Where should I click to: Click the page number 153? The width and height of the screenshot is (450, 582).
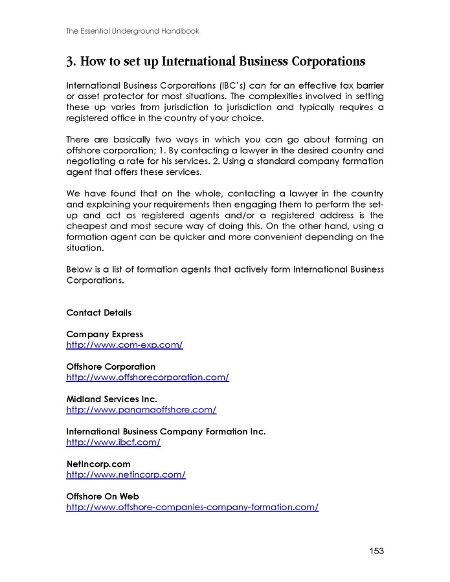click(x=376, y=551)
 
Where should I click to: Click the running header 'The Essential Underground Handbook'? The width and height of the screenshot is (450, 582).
click(x=132, y=30)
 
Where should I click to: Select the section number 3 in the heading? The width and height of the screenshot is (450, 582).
click(x=70, y=62)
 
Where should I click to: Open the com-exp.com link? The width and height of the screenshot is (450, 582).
click(x=124, y=345)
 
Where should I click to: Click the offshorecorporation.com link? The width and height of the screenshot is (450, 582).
click(x=148, y=377)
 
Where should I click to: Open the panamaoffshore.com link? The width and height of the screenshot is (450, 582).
click(x=141, y=410)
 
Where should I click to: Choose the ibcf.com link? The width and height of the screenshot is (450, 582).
click(x=113, y=442)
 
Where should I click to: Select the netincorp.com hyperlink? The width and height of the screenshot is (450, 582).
click(x=126, y=475)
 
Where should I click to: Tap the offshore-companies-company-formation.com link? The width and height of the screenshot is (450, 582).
click(x=192, y=507)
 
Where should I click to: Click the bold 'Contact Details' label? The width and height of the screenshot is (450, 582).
click(x=99, y=313)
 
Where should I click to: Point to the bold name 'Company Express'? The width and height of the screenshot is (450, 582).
click(x=105, y=334)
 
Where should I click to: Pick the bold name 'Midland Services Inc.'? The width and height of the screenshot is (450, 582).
click(x=111, y=399)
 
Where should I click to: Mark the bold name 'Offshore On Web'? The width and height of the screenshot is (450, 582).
click(x=103, y=496)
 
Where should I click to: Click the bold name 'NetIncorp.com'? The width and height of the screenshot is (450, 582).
click(x=98, y=464)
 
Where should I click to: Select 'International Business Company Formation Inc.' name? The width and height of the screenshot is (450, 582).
click(x=166, y=431)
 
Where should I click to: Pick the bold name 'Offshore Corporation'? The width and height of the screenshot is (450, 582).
click(x=111, y=366)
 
